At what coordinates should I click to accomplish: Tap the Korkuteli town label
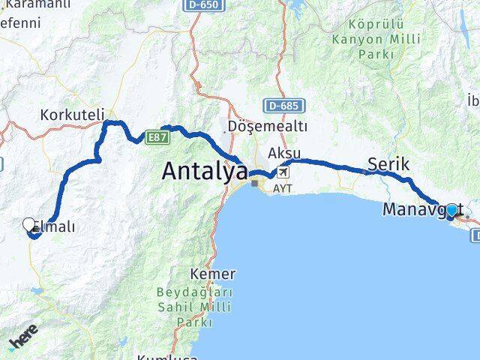73,115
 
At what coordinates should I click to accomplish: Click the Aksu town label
284,153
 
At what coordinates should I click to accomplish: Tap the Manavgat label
415,209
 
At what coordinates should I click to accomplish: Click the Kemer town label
214,274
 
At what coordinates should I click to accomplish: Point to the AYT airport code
283,189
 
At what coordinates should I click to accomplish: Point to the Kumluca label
167,356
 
